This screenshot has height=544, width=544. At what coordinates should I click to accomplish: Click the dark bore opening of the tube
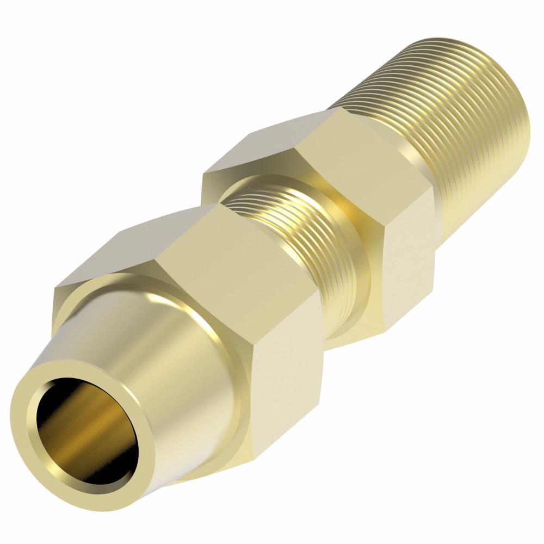(82, 430)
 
